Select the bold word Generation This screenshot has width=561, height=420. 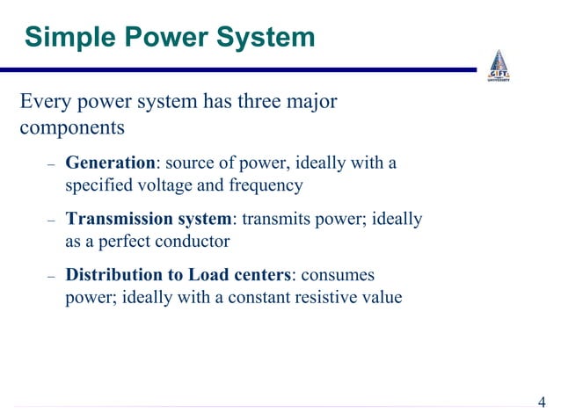tap(110, 163)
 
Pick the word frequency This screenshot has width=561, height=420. tap(266, 186)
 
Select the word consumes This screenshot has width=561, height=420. tap(339, 275)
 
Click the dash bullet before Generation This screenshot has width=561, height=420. tap(51, 165)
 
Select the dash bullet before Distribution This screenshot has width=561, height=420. tap(51, 277)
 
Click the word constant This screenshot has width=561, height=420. tap(259, 297)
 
